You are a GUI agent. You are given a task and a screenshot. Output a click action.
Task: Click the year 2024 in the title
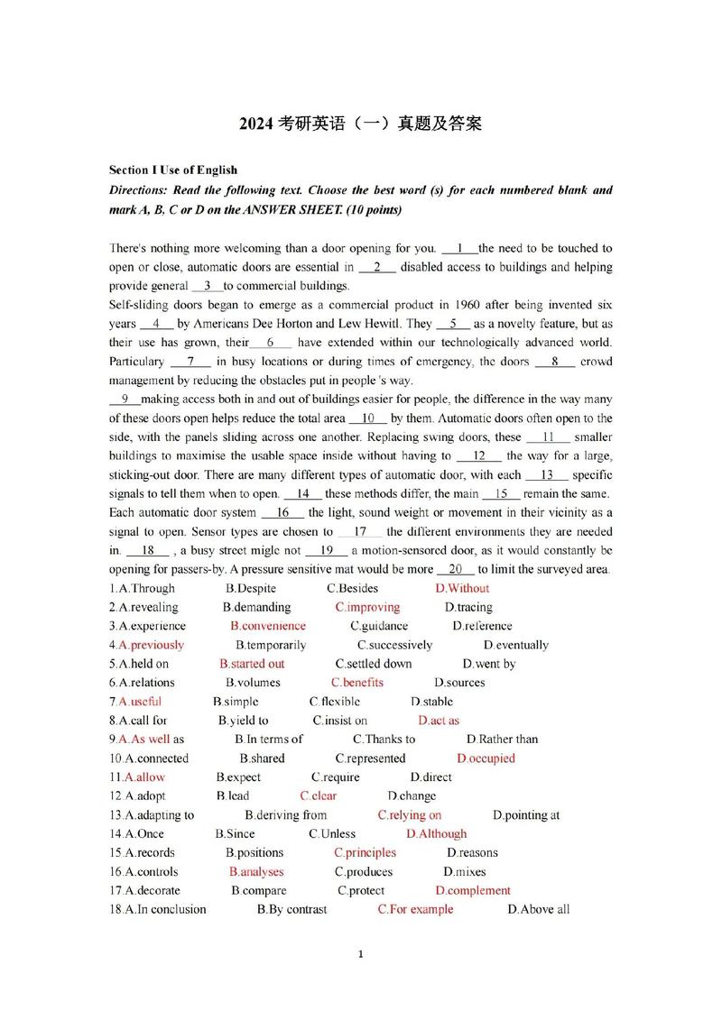(257, 124)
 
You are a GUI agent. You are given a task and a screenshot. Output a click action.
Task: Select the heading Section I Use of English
(173, 170)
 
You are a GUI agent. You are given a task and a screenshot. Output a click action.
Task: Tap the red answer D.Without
(462, 588)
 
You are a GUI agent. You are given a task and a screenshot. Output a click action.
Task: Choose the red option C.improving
(367, 607)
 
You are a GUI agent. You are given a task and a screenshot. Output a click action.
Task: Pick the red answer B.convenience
(268, 626)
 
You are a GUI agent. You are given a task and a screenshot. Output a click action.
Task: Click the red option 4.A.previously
(146, 645)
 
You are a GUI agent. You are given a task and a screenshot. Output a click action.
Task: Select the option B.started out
(252, 664)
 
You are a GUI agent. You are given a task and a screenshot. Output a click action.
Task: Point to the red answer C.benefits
(356, 683)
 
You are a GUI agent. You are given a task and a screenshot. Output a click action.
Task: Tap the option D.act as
(439, 721)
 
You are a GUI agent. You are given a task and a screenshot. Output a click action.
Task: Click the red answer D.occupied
(486, 758)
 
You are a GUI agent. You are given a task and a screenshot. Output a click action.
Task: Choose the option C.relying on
(409, 815)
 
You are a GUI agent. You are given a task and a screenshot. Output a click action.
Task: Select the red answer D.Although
(436, 834)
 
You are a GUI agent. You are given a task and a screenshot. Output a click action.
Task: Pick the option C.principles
(365, 852)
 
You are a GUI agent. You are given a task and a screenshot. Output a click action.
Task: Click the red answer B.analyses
(256, 872)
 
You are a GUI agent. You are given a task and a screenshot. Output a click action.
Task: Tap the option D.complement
(473, 891)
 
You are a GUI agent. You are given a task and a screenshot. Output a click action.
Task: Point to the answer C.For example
(415, 909)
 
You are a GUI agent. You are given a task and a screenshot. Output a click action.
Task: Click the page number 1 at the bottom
(360, 979)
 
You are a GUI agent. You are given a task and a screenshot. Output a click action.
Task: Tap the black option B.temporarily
(271, 645)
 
